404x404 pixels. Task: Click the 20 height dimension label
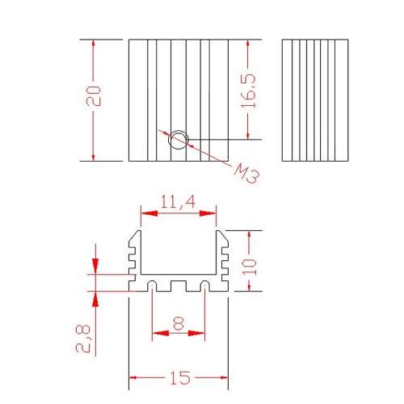click(94, 96)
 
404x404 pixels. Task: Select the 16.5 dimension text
click(248, 90)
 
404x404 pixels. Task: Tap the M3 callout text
click(246, 174)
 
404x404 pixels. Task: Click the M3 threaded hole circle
click(178, 140)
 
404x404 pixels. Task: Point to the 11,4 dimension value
click(178, 202)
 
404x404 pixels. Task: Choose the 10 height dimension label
click(250, 267)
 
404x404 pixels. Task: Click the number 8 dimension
click(179, 323)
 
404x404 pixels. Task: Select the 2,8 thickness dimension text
click(83, 339)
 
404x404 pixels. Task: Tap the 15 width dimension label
click(180, 378)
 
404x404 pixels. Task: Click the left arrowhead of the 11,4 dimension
click(149, 213)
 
